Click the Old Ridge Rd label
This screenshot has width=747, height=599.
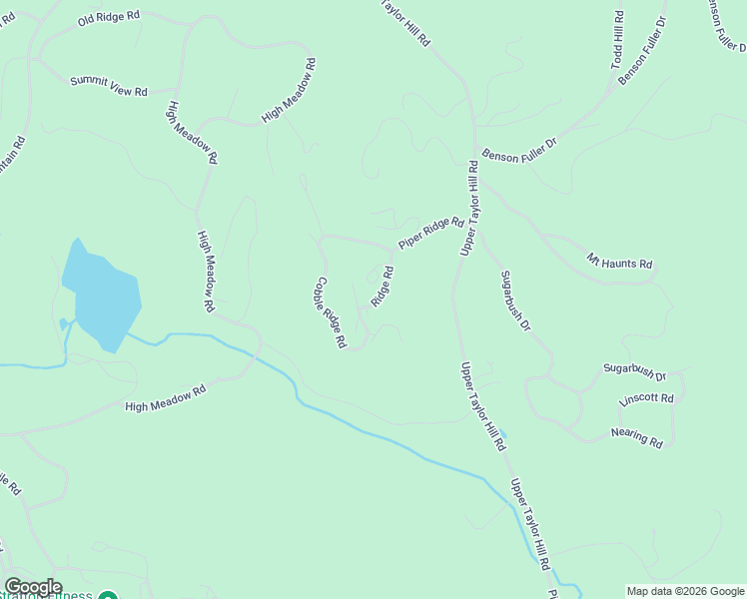click(109, 19)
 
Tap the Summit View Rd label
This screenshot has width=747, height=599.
click(108, 86)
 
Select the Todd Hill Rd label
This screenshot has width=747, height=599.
click(618, 40)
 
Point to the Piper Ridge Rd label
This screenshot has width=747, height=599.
click(431, 234)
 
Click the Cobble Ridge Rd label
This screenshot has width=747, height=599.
click(332, 312)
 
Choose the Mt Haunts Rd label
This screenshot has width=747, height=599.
click(619, 263)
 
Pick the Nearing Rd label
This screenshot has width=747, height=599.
click(637, 437)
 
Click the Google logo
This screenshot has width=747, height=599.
click(33, 587)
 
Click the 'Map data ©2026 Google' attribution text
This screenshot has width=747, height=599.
click(684, 590)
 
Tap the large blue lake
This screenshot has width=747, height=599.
click(100, 295)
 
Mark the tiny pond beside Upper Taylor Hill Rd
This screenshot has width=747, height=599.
click(503, 434)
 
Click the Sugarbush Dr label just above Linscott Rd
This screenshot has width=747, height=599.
click(633, 372)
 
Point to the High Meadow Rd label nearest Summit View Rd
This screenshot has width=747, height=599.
click(193, 133)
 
